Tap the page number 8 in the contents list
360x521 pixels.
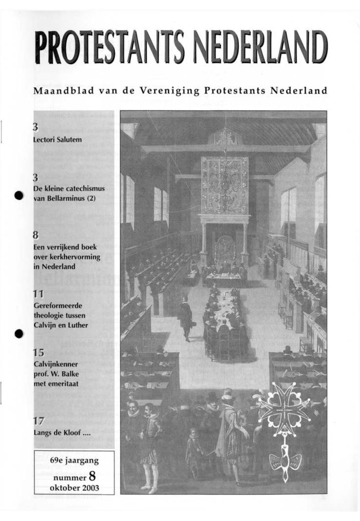tap(36, 236)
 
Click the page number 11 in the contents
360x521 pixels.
tap(38, 294)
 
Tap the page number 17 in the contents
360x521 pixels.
tap(38, 421)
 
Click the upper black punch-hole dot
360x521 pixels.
tap(19, 195)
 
